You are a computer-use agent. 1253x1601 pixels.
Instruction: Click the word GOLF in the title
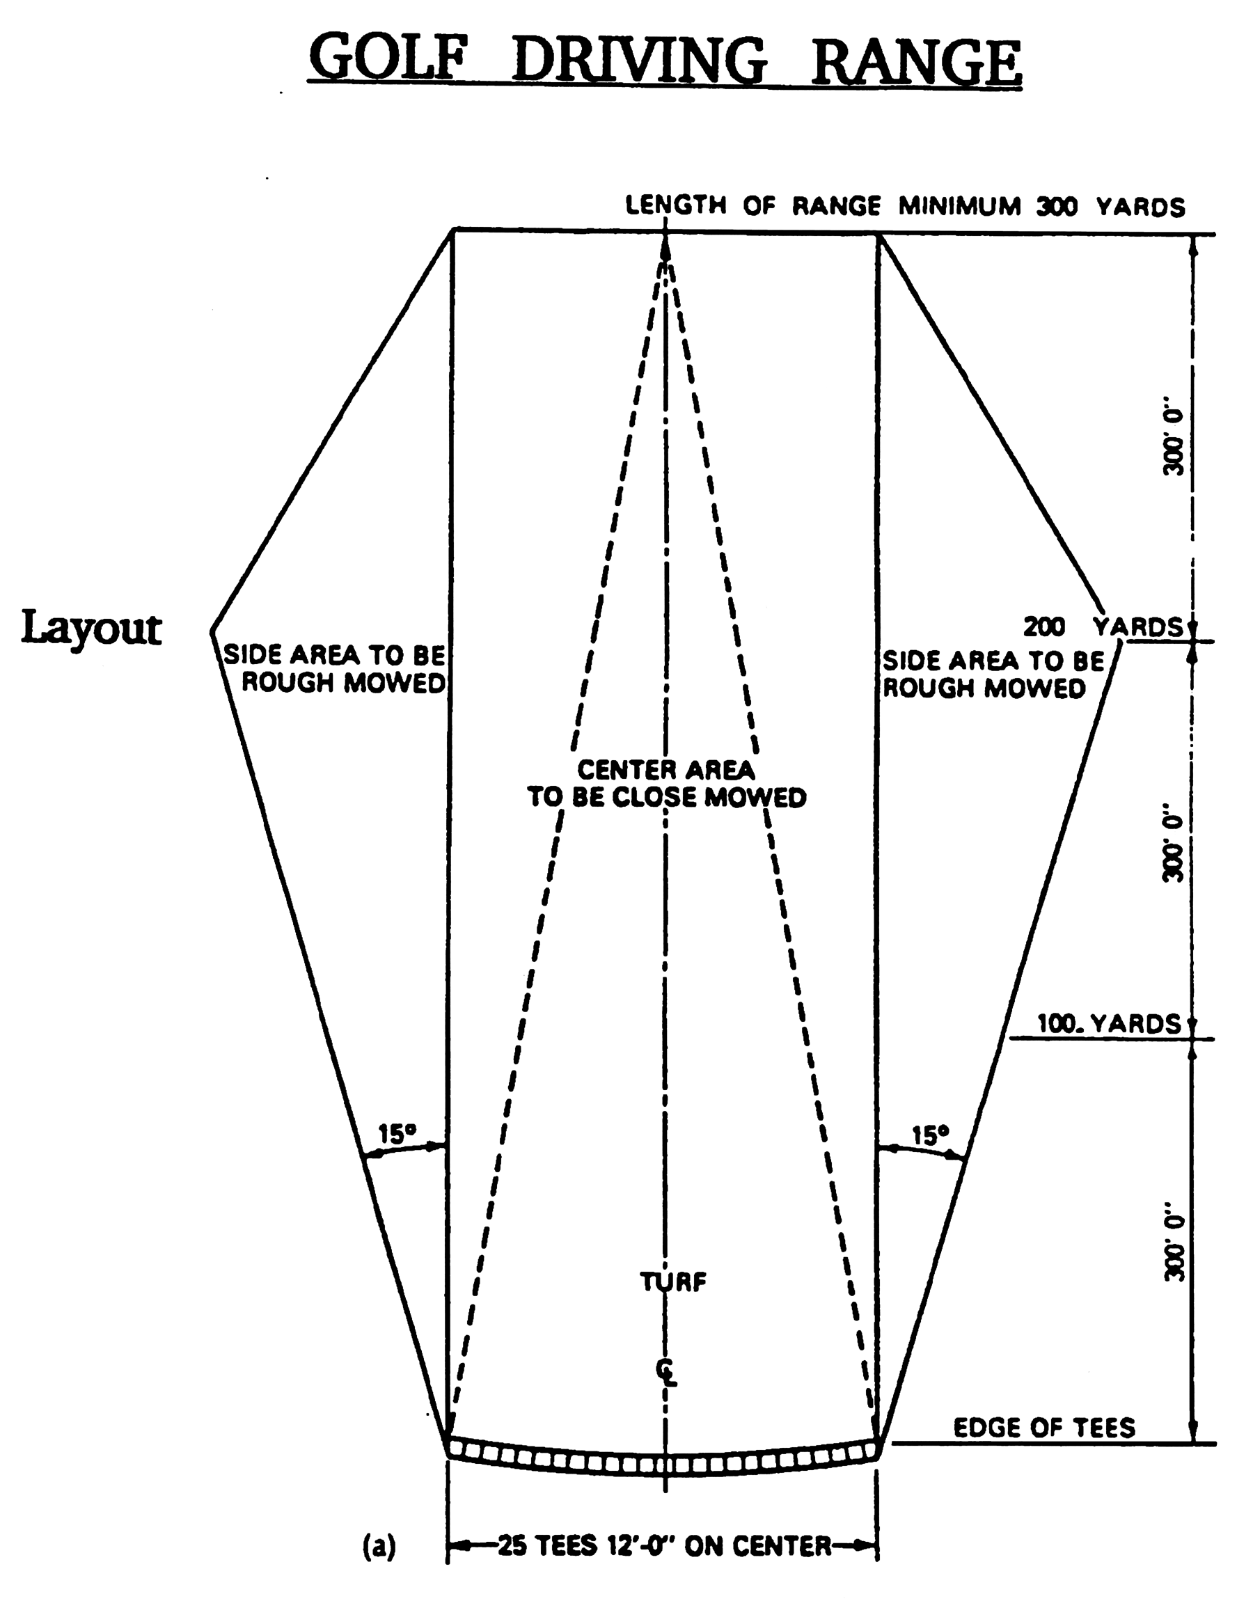(x=387, y=58)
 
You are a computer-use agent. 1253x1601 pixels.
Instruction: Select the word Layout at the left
(x=91, y=629)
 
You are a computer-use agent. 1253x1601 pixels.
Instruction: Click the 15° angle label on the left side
(x=397, y=1135)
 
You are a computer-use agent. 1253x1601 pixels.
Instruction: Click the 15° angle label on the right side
(x=929, y=1136)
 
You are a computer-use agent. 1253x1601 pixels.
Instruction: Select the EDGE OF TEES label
(x=1043, y=1427)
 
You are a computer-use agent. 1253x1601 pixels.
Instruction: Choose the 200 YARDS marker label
(x=1103, y=627)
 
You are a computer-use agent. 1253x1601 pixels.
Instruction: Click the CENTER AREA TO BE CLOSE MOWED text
(x=666, y=783)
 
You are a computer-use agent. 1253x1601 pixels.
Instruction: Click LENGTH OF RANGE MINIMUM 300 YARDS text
(x=904, y=207)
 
